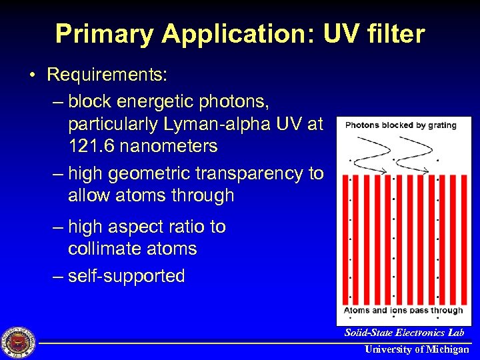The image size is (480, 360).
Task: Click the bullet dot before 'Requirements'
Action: coord(33,75)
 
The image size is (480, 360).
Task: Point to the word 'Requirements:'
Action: coord(107,75)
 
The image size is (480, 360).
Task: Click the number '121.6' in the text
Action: coord(93,145)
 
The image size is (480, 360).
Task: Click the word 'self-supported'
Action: coord(126,276)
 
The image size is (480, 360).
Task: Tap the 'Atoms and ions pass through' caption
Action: coord(403,310)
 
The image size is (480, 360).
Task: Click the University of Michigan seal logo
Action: coord(19,343)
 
